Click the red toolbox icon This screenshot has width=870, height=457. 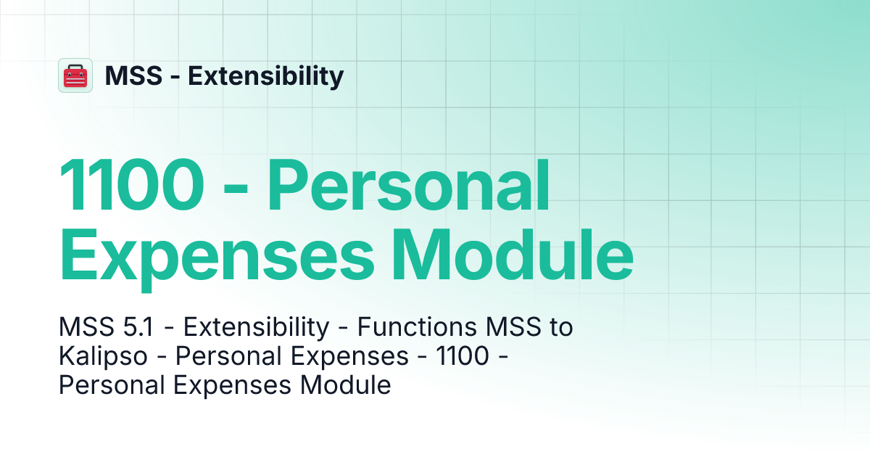(x=75, y=75)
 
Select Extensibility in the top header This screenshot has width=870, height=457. (x=266, y=75)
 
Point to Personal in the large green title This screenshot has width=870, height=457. (x=409, y=187)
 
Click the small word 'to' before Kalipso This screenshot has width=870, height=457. (x=559, y=328)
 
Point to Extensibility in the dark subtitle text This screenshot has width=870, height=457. (x=256, y=328)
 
